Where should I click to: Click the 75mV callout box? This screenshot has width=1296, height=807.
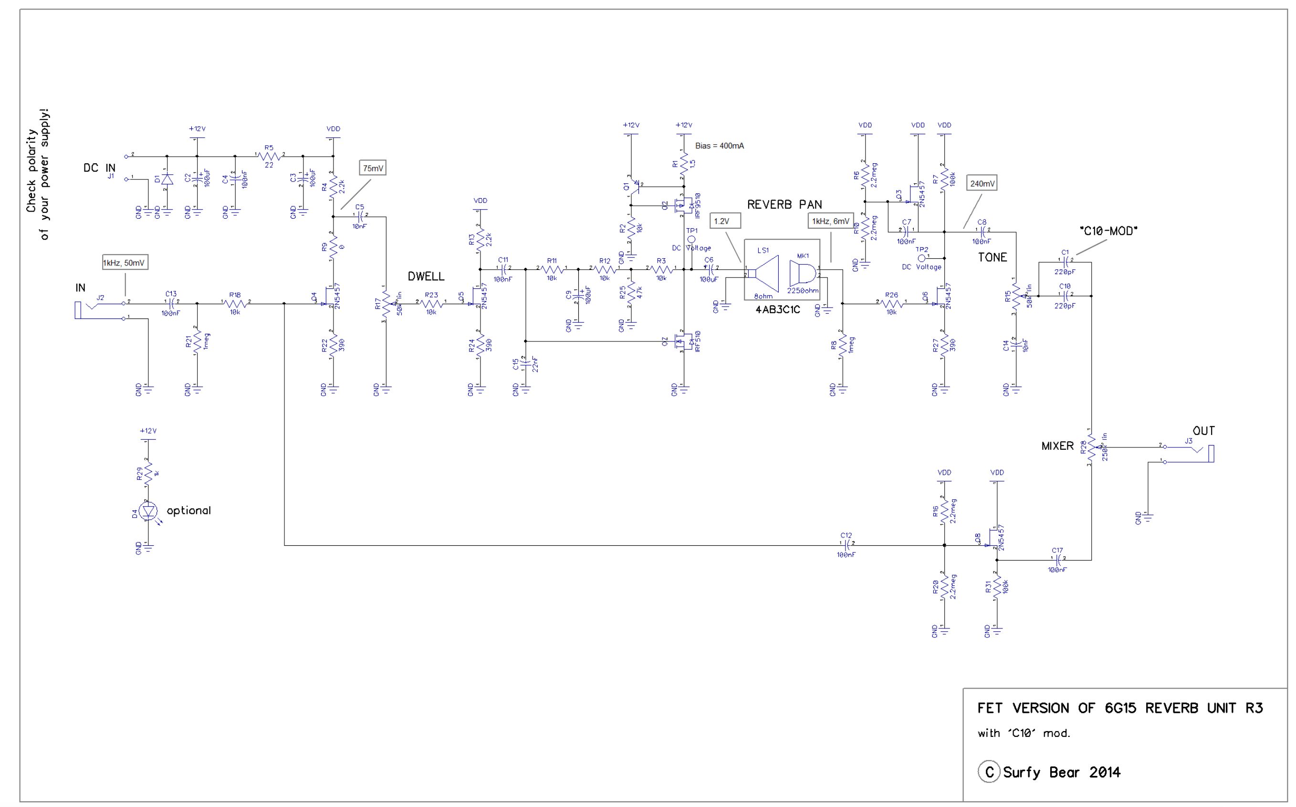(373, 168)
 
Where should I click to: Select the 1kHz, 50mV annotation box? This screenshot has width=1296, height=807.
(124, 263)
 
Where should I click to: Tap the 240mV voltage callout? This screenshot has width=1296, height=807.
(982, 183)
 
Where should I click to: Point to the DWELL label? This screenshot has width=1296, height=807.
(426, 276)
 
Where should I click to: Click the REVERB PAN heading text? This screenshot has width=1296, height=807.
(784, 204)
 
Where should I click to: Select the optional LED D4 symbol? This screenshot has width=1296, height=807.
(148, 511)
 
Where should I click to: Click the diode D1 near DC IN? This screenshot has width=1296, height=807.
(167, 180)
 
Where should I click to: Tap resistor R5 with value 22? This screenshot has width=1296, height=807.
(269, 156)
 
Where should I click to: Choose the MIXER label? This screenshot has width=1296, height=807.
(1057, 446)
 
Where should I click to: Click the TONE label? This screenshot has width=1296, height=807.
(992, 257)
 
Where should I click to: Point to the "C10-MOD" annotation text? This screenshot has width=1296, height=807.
(1108, 231)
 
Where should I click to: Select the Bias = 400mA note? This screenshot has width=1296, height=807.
(720, 146)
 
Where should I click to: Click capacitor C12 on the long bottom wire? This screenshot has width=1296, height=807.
(846, 545)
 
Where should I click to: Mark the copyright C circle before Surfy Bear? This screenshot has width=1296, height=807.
(989, 772)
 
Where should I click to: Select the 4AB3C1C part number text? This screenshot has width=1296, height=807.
(778, 310)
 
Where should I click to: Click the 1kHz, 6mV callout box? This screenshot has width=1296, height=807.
(830, 221)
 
